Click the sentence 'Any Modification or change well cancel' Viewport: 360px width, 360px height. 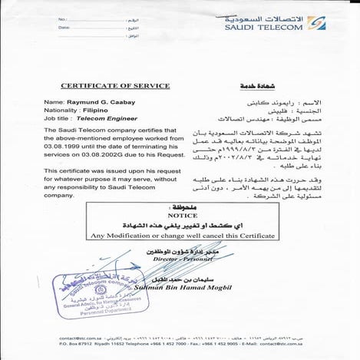(164, 234)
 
